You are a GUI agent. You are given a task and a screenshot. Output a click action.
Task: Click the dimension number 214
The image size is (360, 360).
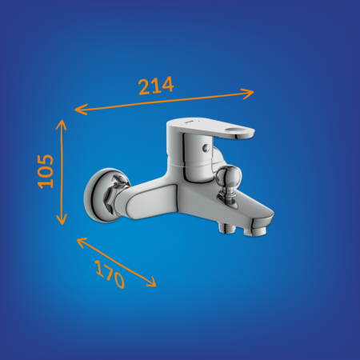156,86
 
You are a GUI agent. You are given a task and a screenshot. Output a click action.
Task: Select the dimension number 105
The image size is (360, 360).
46,171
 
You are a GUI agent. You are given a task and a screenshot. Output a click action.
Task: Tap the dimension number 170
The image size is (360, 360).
110,274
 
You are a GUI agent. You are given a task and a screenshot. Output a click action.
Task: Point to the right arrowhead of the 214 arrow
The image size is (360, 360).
248,94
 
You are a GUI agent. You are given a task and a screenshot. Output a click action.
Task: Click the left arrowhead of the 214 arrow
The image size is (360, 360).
81,110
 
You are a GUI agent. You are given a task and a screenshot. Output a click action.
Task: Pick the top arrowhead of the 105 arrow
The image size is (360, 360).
62,125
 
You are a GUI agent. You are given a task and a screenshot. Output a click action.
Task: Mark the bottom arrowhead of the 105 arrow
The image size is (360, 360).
62,219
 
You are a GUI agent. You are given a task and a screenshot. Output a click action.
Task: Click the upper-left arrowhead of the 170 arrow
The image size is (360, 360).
82,242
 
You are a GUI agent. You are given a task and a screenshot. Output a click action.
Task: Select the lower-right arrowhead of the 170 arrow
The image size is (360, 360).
151,282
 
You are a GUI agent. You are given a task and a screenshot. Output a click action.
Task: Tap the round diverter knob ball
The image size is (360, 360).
229,176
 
